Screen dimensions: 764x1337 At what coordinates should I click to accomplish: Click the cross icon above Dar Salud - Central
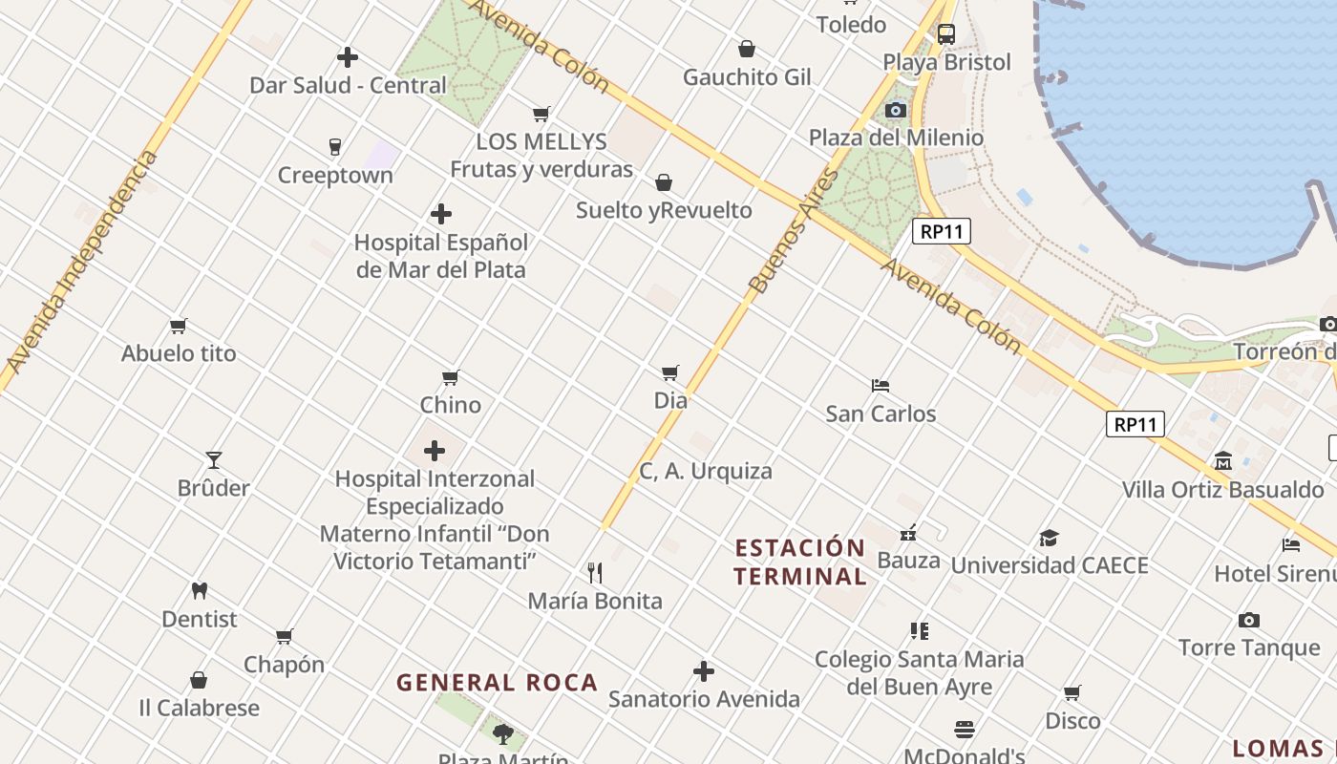point(348,57)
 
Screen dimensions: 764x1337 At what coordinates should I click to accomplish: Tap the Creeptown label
point(335,176)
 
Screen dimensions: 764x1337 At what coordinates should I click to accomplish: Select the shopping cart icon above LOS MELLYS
point(541,115)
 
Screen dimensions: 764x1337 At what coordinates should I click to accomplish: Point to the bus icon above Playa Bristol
point(945,34)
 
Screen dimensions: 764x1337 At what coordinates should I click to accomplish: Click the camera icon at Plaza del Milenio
point(895,111)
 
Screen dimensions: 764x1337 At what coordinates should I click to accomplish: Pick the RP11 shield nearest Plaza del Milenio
point(941,231)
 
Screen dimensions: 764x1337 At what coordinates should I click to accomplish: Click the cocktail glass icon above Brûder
point(214,460)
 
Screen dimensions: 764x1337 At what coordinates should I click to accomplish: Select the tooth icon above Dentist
point(199,591)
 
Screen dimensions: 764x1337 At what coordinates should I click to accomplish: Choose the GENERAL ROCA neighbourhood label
point(497,683)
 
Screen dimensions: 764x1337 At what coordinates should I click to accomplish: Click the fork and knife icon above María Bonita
point(595,573)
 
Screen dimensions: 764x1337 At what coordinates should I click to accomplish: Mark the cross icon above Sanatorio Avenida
point(704,671)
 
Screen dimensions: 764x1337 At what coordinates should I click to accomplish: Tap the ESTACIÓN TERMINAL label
point(800,562)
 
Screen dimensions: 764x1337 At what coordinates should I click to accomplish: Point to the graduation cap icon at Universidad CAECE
point(1049,538)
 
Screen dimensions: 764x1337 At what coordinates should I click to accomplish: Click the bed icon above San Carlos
point(881,386)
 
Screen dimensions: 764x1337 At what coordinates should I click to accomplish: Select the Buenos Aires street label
point(794,232)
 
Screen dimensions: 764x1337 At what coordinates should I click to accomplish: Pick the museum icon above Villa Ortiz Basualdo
point(1222,462)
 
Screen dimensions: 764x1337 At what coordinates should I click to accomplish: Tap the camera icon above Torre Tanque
point(1248,621)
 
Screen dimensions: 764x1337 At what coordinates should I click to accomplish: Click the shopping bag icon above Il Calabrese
point(199,680)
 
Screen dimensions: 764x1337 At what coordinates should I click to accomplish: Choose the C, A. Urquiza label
point(706,472)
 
